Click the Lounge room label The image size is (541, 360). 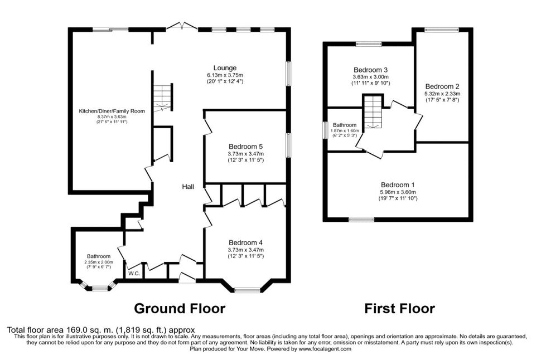coord(225,68)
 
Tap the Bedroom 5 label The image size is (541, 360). coord(245,147)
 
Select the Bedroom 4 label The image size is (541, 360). coord(245,243)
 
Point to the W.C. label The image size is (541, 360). coord(134,274)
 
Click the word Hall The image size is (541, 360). coord(188,187)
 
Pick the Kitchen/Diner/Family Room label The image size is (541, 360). coord(112,111)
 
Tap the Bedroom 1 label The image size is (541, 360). coord(398,185)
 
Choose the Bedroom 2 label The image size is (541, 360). coord(442,86)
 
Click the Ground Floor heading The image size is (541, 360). coord(180,308)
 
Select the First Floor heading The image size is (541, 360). coord(399,308)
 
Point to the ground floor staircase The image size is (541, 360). coord(162,97)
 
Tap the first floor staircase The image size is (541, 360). coord(373,111)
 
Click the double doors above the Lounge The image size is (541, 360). coord(181,27)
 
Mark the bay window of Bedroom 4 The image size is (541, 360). coord(247,290)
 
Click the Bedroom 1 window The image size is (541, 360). coord(361,220)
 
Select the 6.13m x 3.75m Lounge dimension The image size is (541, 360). coord(225,75)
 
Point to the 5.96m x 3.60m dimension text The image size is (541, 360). coord(398,192)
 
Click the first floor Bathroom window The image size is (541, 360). coord(325,130)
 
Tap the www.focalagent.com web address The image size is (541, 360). coord(325,349)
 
